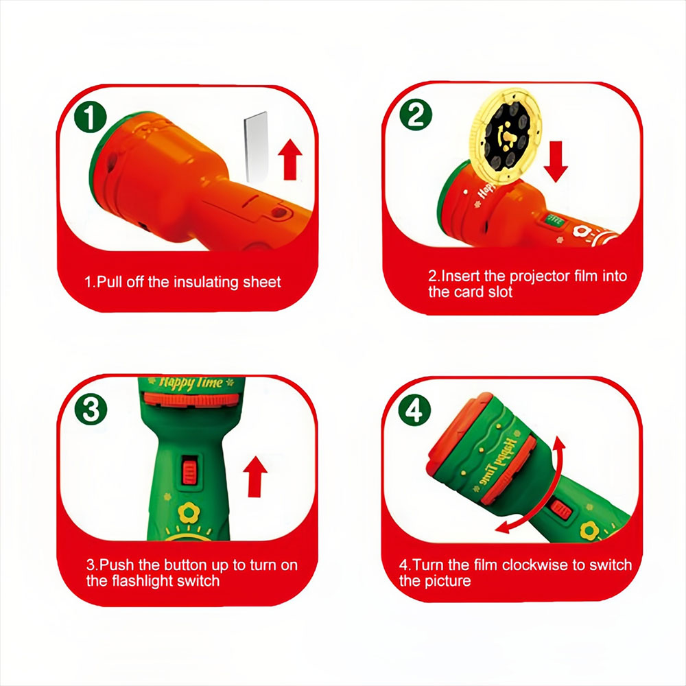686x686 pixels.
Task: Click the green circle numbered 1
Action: pos(90,117)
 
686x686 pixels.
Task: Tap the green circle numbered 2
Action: pos(416,115)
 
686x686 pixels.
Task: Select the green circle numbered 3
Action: pos(91,409)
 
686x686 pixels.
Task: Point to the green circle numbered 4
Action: pos(414,410)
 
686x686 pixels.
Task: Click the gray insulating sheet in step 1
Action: pos(257,147)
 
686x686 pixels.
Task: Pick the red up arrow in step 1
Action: pos(290,159)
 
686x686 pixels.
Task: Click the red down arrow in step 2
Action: pos(556,161)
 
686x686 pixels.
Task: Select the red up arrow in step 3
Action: pos(255,477)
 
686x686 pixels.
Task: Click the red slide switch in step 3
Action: pos(189,470)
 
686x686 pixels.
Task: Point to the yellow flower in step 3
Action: pos(189,512)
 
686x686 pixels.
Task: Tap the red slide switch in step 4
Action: pos(560,510)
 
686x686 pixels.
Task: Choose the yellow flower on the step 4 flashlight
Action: pos(589,530)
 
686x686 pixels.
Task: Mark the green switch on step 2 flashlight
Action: pos(555,220)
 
